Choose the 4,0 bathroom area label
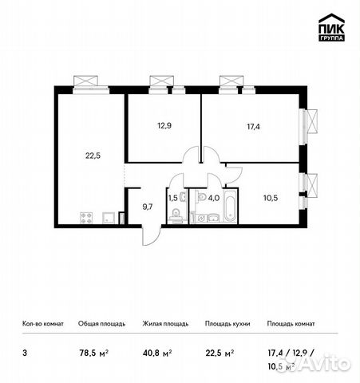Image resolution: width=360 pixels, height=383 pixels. point(212,196)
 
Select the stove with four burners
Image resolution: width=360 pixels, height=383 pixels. point(87,216)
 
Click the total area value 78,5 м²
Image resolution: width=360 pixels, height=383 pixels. point(93,349)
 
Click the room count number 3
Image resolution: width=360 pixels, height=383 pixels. point(23,349)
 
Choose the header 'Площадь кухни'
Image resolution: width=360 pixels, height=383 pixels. point(227,324)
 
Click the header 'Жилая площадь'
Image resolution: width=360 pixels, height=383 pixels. point(164,324)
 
